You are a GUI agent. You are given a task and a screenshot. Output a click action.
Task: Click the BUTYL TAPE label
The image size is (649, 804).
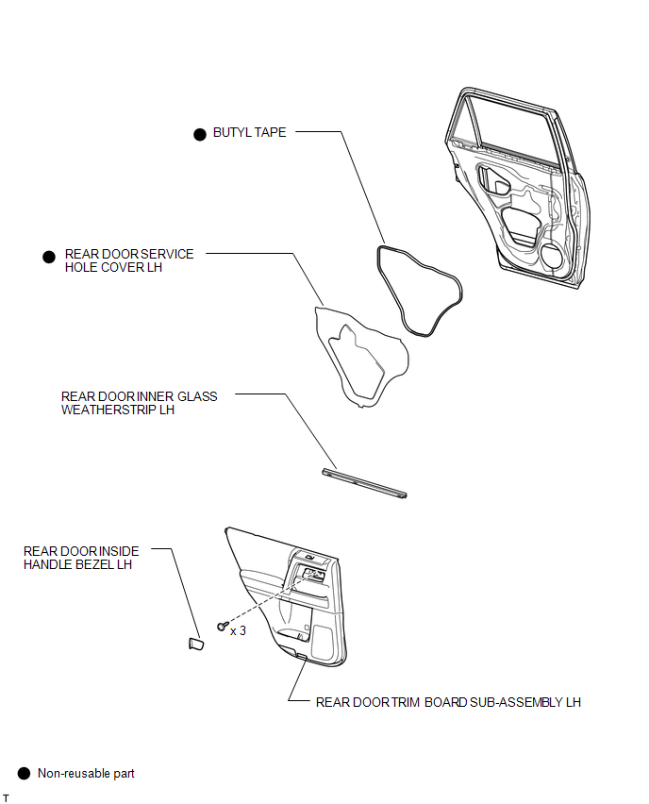click(x=249, y=132)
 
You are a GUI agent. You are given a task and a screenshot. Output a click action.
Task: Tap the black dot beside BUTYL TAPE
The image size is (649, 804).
click(x=200, y=134)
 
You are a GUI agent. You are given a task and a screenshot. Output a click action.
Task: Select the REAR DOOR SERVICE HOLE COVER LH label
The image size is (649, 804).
click(x=129, y=260)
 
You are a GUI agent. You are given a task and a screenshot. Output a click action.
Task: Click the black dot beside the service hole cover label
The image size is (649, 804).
click(x=49, y=257)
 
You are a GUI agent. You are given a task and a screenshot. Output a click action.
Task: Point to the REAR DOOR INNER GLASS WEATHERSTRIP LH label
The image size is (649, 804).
click(x=139, y=403)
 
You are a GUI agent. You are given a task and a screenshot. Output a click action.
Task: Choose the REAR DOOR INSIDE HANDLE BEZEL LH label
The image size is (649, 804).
click(x=81, y=558)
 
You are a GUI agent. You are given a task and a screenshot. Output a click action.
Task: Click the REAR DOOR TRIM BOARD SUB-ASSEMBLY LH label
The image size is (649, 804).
click(x=448, y=702)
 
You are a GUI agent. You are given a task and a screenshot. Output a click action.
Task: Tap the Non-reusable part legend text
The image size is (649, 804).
click(x=86, y=773)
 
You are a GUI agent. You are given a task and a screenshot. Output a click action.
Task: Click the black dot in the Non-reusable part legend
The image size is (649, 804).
click(x=25, y=773)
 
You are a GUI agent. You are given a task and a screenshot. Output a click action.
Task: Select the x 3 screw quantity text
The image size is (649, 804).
click(x=238, y=630)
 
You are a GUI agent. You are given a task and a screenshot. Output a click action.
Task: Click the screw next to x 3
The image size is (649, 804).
click(x=222, y=626)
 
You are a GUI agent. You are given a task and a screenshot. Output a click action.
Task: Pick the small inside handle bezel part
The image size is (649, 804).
click(x=196, y=644)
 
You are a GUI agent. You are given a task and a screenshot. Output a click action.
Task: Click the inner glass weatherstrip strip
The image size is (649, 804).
click(x=364, y=483)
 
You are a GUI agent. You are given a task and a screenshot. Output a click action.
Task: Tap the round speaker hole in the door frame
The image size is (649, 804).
click(x=552, y=256)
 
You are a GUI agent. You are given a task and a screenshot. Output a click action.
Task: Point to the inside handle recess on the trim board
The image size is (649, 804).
click(x=308, y=575)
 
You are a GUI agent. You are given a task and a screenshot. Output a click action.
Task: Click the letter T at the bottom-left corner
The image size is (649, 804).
click(x=7, y=797)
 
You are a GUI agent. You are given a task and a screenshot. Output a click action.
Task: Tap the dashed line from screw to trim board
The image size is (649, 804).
click(x=268, y=599)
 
